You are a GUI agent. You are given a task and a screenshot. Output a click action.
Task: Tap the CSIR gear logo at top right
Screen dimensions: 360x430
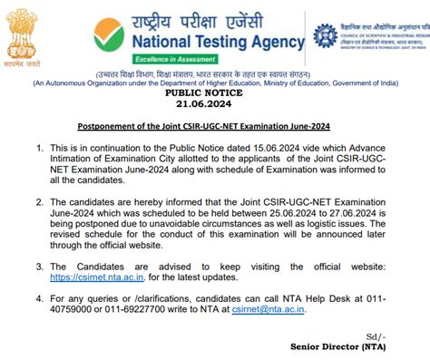[324, 35]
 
